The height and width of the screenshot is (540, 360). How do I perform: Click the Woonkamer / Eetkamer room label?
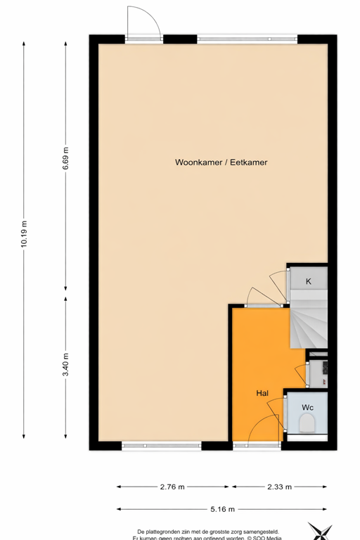pos(221,162)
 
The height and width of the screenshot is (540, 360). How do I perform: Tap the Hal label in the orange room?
pos(263,394)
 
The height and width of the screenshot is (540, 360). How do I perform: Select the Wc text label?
pos(307,408)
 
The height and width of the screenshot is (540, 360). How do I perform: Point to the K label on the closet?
pos(308,282)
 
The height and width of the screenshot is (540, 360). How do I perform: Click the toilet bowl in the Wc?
pos(307,423)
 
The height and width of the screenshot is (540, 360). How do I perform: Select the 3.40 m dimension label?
pos(65,364)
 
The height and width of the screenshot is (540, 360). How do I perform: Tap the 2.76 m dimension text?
pos(173,486)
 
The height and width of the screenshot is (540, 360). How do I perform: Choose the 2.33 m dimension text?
pos(279,486)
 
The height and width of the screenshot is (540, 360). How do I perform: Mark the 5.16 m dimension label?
pos(221,508)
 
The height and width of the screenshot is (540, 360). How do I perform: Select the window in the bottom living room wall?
pos(161,446)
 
